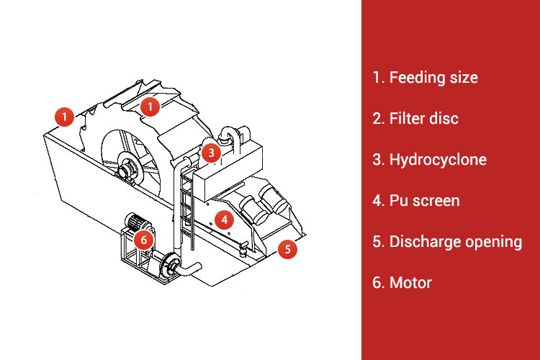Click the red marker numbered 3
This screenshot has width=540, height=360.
[x=210, y=153]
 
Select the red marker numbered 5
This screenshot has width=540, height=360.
[x=287, y=250]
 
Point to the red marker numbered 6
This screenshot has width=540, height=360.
[x=143, y=238]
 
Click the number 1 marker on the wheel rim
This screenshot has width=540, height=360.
[x=149, y=107]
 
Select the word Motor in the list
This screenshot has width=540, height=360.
[x=410, y=282]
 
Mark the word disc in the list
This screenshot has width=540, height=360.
[x=444, y=118]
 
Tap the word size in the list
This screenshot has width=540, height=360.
[x=464, y=78]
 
